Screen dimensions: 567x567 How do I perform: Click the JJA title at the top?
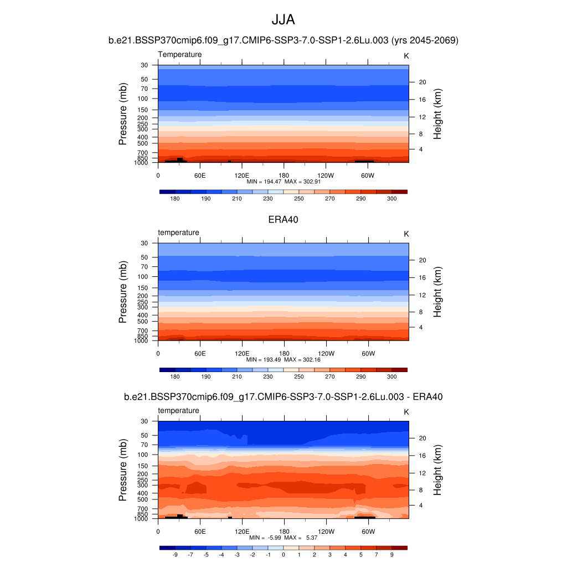click(x=283, y=20)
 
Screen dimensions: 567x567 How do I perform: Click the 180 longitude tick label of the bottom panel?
click(x=283, y=531)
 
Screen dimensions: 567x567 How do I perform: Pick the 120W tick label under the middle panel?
click(x=326, y=353)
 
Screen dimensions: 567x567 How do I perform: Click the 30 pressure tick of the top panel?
click(x=145, y=65)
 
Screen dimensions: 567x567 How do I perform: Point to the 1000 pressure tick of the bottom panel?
click(x=142, y=519)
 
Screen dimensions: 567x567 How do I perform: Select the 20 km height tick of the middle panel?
click(x=421, y=260)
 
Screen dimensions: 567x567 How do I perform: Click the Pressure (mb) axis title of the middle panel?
click(x=123, y=292)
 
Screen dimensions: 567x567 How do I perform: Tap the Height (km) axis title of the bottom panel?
click(x=437, y=470)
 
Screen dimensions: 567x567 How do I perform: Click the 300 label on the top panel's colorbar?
click(x=391, y=198)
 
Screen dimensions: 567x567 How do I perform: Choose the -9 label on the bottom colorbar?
click(x=175, y=554)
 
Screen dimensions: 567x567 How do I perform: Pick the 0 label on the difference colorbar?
click(x=283, y=554)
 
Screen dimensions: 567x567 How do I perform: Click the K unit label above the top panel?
click(x=406, y=56)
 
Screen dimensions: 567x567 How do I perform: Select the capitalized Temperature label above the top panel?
click(x=180, y=54)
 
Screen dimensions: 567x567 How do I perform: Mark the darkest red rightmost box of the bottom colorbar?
click(x=399, y=548)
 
